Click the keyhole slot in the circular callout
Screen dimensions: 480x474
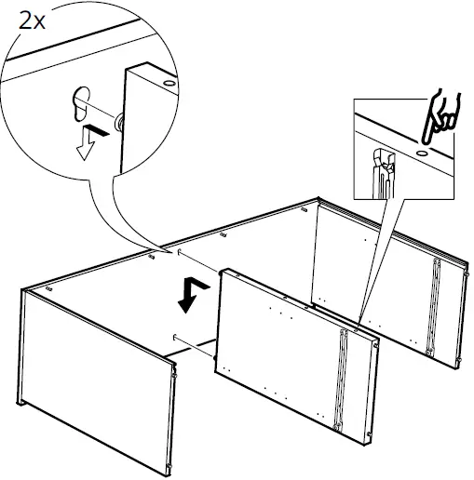point(77,101)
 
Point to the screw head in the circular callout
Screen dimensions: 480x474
point(119,121)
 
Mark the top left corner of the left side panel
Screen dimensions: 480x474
point(23,291)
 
